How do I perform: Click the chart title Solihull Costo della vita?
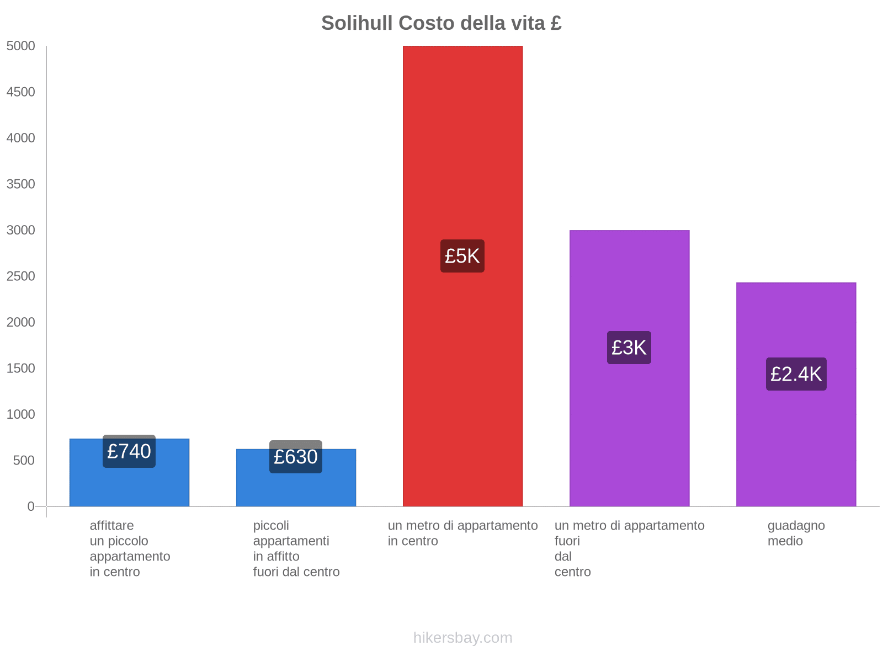point(441,23)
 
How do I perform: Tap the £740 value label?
point(129,451)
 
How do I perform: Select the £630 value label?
point(296,457)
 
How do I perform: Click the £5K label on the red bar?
point(462,256)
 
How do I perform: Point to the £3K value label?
point(629,348)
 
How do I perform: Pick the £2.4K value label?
point(796,374)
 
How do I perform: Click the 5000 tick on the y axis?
point(20,46)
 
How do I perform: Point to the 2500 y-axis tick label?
point(20,276)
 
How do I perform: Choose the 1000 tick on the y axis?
point(20,414)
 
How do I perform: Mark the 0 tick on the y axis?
point(31,506)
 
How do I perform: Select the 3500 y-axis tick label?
point(20,184)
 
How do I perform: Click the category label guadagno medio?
point(796,533)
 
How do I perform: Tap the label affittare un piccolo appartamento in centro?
point(130,548)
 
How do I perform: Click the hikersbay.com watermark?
point(462,638)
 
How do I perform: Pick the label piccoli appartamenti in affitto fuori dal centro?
point(296,548)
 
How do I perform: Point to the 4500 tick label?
point(20,92)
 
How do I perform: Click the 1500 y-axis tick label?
point(20,369)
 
